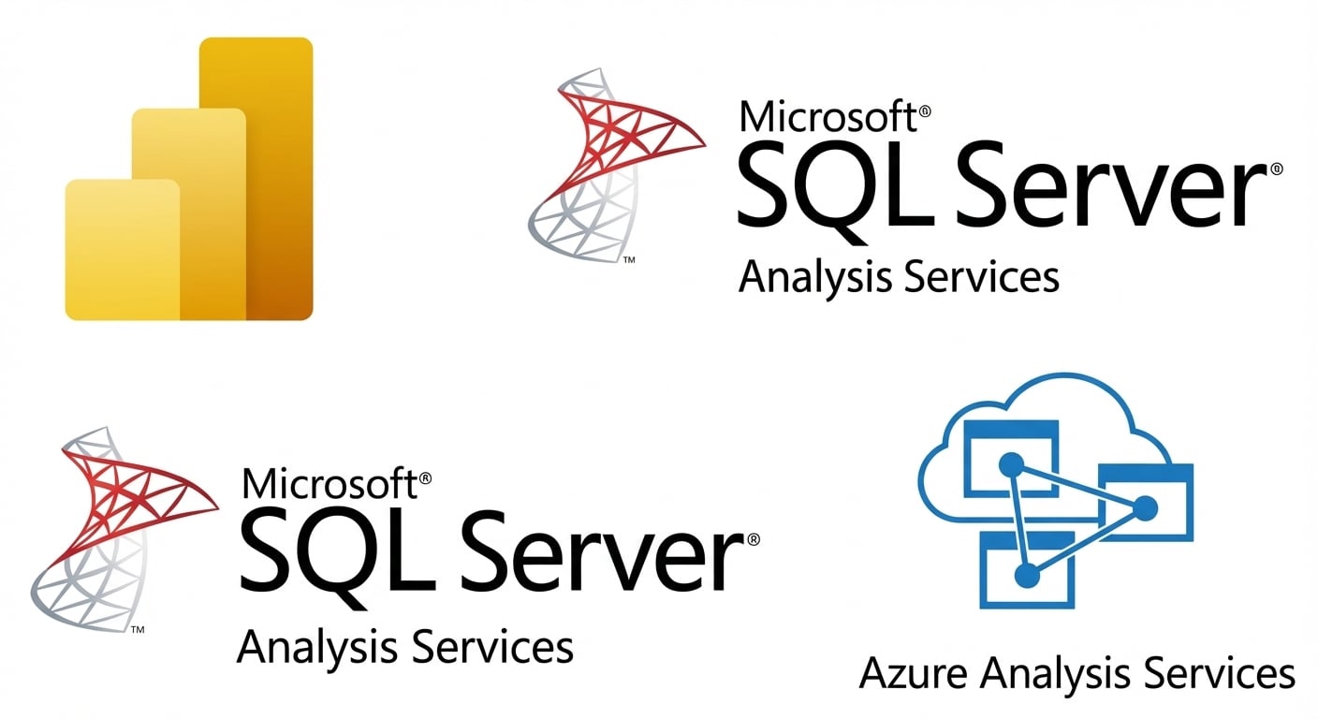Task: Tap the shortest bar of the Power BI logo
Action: [123, 249]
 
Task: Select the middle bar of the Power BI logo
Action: [189, 214]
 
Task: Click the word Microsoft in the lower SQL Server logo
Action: [330, 483]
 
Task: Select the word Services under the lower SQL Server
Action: [491, 647]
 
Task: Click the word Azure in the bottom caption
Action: [914, 673]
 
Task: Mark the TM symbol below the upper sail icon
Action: [629, 259]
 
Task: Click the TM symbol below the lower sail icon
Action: [137, 629]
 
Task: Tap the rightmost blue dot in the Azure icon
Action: [1145, 508]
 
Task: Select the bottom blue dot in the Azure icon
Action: [1027, 575]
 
